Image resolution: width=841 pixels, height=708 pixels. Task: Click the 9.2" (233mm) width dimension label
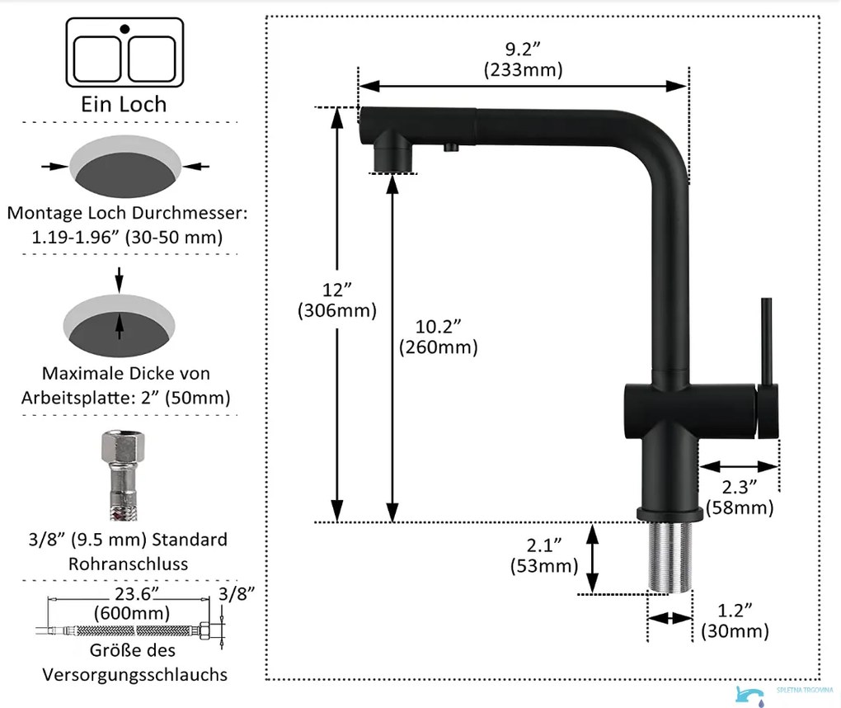pyautogui.click(x=523, y=59)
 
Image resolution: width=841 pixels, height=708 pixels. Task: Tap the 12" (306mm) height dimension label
pyautogui.click(x=337, y=300)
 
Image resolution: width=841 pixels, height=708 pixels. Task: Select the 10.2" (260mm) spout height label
pyautogui.click(x=438, y=337)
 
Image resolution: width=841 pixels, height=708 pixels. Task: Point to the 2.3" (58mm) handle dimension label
pyautogui.click(x=740, y=497)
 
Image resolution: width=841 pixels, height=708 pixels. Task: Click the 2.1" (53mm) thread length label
pyautogui.click(x=544, y=555)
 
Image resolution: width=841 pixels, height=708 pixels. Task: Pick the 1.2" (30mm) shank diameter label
pyautogui.click(x=735, y=621)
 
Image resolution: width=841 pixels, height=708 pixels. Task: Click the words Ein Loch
pyautogui.click(x=124, y=104)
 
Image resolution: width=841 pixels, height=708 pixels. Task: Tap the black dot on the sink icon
pyautogui.click(x=125, y=28)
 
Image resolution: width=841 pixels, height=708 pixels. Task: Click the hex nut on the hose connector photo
pyautogui.click(x=124, y=446)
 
